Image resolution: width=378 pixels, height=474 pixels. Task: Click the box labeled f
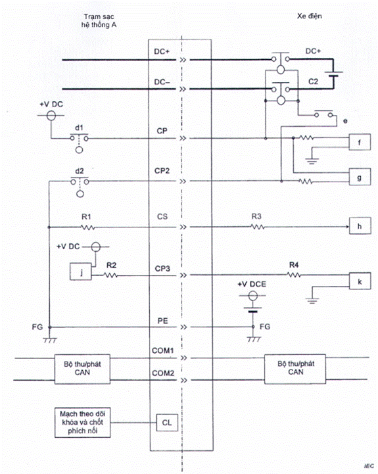coord(360,142)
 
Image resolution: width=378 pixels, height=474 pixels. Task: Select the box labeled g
coord(360,177)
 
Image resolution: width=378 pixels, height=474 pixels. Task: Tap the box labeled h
coord(360,225)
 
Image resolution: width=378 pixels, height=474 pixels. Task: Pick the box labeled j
coord(81,272)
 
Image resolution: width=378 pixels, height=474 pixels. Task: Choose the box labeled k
coord(360,281)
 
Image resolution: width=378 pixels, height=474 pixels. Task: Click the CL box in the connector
coord(167,422)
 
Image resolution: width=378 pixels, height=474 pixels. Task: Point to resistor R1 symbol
coord(87,227)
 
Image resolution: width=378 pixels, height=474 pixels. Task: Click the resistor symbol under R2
coord(110,275)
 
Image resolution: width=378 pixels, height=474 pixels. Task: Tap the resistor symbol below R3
coord(258,227)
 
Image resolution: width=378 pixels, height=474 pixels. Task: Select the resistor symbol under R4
coord(294,275)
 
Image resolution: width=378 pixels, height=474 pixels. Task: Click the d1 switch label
coord(80,128)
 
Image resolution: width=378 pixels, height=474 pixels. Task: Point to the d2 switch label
coord(80,171)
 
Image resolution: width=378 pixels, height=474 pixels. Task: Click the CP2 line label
coord(162,171)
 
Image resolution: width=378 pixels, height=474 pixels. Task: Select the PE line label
coord(162,321)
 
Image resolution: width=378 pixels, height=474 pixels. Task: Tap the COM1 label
coord(162,350)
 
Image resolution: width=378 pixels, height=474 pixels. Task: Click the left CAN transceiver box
coord(82,369)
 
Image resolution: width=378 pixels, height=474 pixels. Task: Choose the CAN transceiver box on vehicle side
coord(295,369)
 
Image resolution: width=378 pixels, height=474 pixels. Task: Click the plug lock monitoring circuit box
coord(83,423)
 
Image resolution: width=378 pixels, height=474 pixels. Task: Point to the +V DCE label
coord(252,284)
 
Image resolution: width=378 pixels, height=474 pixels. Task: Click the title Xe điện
coord(310,16)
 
